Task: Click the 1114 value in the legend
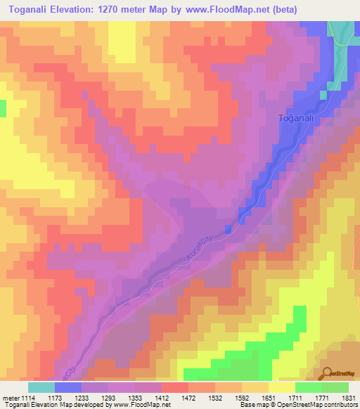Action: click(25, 398)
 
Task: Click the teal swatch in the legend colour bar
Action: click(41, 387)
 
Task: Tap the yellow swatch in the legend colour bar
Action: click(281, 387)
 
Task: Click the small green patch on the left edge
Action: click(2, 108)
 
